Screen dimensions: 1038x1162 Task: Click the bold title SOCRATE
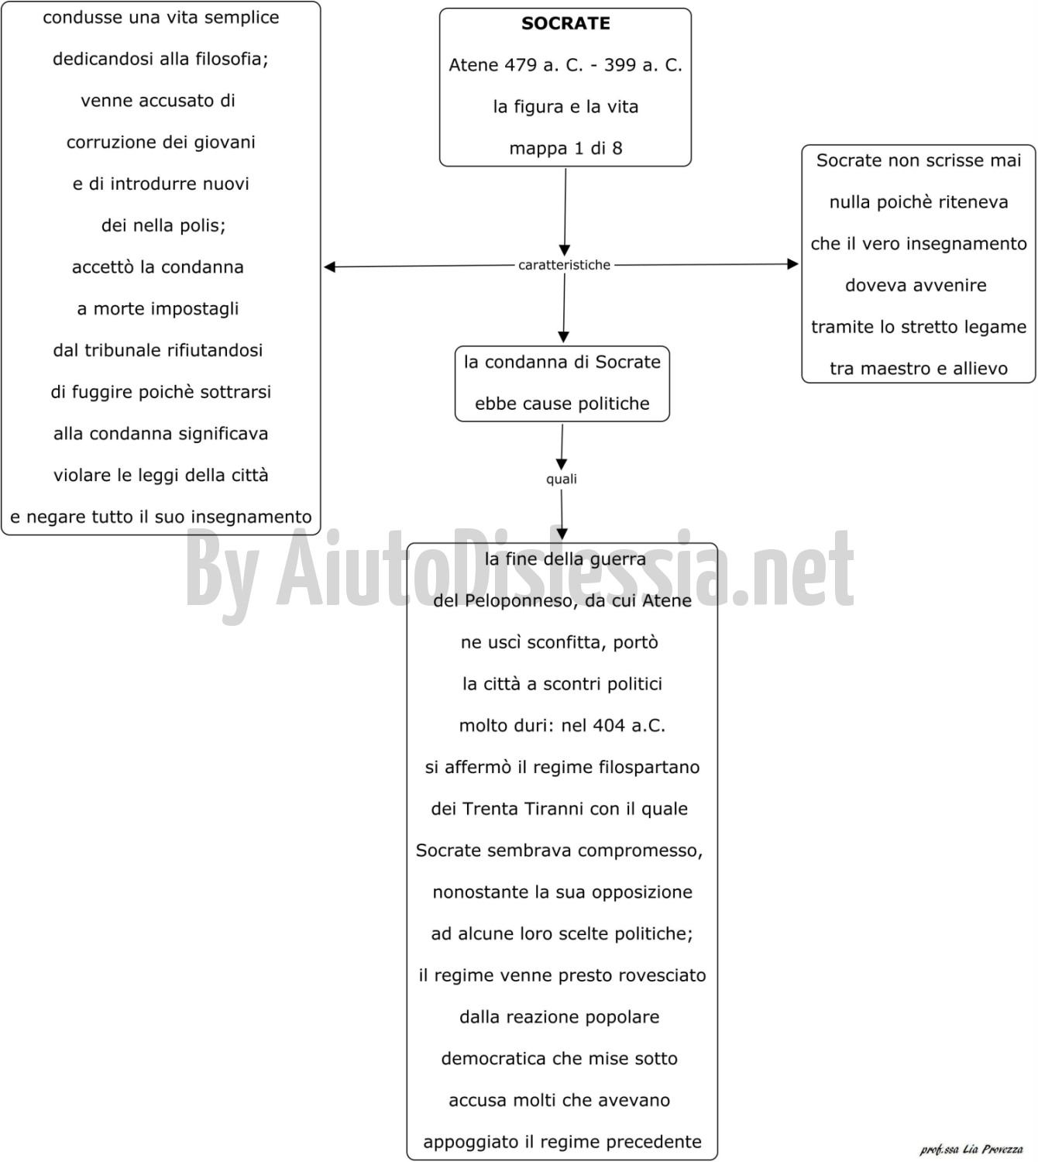565,23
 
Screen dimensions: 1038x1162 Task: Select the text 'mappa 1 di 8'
565,149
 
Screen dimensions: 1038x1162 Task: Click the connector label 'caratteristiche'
564,265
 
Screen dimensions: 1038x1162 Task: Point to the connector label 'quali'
562,479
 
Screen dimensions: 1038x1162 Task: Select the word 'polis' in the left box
205,226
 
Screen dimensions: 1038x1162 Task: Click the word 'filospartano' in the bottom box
649,768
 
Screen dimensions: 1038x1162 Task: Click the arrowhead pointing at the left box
329,266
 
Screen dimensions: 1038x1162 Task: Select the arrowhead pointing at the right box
793,264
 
